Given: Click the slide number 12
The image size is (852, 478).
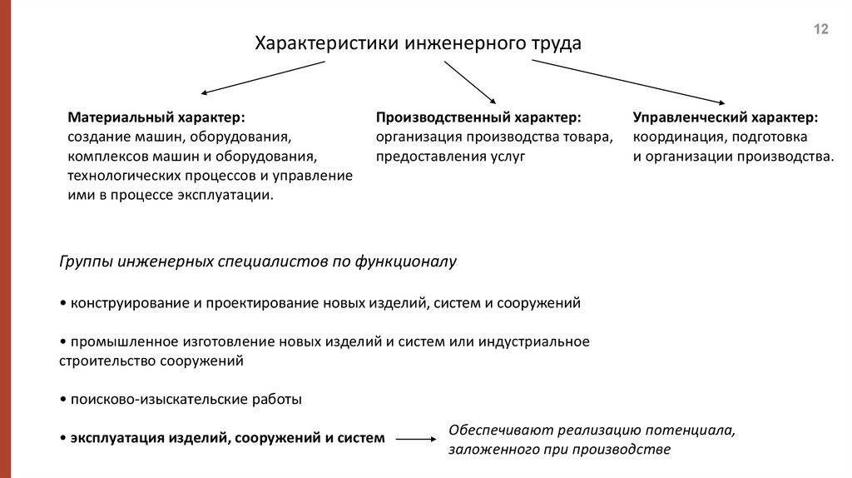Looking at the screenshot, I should point(820,30).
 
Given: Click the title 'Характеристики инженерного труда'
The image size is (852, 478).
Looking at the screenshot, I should point(418,42).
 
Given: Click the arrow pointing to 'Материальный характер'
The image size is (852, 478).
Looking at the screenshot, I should point(262,77).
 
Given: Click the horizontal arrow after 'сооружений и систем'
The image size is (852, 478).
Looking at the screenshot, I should point(416,439).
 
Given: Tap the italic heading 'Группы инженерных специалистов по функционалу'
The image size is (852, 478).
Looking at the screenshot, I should point(258,261).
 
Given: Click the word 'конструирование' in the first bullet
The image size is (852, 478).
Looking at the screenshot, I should point(131,303).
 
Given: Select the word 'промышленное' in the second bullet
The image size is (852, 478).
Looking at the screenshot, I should point(122,341).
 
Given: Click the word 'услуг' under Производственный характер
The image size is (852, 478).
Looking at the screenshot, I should point(507,156).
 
